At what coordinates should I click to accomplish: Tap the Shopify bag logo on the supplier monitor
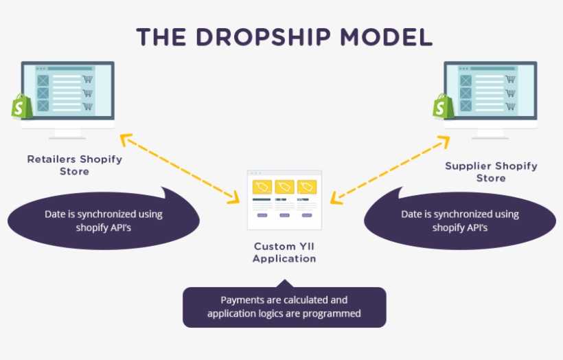[x=444, y=106]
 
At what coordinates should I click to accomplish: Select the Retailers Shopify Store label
[x=74, y=165]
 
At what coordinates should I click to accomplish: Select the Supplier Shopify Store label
[x=491, y=172]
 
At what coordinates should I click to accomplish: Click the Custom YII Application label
[x=284, y=252]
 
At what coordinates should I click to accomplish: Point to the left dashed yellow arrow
[x=180, y=168]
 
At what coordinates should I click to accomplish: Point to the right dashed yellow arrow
[x=390, y=168]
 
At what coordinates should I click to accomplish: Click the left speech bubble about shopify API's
[x=103, y=221]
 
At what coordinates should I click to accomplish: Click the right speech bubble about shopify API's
[x=459, y=221]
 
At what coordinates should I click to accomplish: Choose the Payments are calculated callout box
[x=284, y=307]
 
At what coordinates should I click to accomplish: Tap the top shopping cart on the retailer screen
[x=88, y=80]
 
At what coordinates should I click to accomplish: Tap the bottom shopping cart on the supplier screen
[x=510, y=106]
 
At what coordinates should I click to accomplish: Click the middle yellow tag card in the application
[x=284, y=187]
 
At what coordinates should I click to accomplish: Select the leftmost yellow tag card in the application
[x=262, y=187]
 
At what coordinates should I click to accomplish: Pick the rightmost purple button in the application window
[x=306, y=215]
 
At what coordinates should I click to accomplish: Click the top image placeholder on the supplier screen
[x=466, y=80]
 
